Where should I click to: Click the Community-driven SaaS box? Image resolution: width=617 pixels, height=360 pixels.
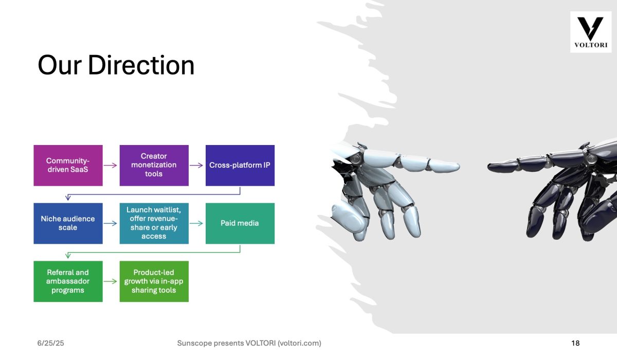68,165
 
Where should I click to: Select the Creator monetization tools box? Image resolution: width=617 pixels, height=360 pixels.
154,165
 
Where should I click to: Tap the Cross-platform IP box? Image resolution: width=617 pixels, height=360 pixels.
240,165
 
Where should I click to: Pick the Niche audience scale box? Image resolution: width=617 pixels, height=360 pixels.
68,223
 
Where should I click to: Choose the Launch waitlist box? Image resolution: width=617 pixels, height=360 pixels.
154,223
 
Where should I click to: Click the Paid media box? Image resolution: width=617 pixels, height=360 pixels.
240,223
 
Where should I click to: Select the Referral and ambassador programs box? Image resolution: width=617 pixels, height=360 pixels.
68,281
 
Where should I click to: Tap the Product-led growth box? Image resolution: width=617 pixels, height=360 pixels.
154,281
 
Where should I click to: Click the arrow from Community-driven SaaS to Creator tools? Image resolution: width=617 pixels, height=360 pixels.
110,165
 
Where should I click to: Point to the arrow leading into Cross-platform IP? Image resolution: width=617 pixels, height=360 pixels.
196,165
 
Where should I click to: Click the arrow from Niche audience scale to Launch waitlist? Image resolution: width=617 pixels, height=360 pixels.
110,223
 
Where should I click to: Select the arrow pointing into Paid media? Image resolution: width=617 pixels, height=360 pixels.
196,223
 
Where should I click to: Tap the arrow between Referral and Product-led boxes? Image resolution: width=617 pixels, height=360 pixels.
110,281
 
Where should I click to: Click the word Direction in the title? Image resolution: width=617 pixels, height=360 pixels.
141,65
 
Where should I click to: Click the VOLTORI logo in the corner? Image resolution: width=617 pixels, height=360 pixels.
591,32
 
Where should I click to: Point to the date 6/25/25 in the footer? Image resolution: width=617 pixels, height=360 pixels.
51,343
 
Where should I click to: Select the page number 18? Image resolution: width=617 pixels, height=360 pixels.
575,343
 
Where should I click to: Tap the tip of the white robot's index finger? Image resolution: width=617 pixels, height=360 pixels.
459,166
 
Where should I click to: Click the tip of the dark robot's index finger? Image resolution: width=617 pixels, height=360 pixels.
488,167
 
